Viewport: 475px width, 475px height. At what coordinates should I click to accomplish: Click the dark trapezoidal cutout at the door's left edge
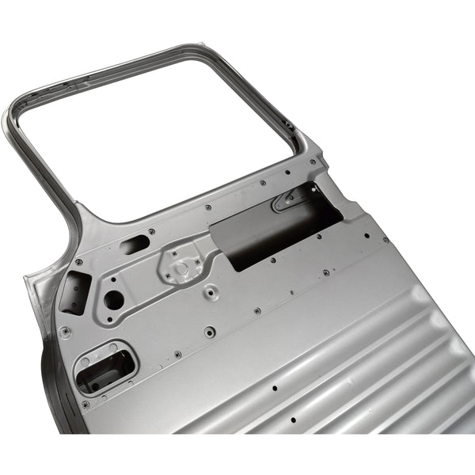74,293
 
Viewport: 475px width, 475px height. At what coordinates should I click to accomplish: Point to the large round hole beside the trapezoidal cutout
114,299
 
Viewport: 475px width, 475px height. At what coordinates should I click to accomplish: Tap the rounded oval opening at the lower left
104,367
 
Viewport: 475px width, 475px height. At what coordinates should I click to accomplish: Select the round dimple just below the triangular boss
211,291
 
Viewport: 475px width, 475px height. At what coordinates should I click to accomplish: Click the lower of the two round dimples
209,332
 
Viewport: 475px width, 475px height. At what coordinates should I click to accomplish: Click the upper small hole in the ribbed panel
274,389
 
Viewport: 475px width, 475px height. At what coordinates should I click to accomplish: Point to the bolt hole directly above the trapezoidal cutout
78,262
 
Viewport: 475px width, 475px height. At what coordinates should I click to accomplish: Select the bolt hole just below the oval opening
85,404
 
